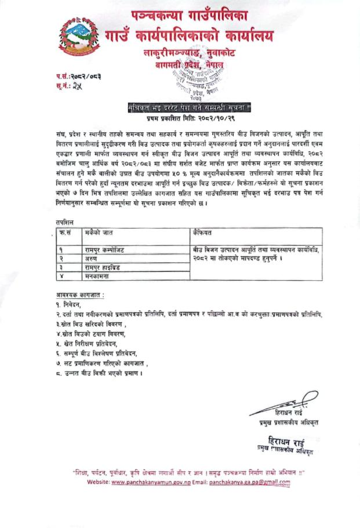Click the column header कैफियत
203,232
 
